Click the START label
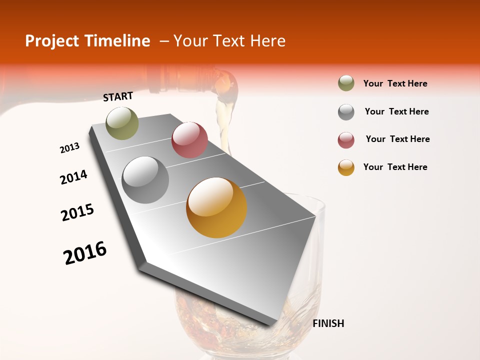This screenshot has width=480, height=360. pos(118,96)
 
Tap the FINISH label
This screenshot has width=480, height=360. pos(328,323)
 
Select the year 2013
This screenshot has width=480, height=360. pos(69,148)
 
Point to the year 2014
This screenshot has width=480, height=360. pos(73,177)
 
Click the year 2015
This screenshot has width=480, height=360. pos(77,212)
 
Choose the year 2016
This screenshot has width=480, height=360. pos(85,253)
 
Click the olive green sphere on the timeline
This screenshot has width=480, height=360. pos(122,123)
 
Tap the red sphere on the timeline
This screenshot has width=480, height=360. pos(189,140)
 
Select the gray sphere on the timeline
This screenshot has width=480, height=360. pos(145,180)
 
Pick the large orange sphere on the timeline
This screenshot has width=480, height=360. pos(216,207)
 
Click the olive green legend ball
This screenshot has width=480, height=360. pos(346,83)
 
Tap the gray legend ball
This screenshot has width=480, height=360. pos(346,112)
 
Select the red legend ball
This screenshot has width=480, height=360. pos(346,140)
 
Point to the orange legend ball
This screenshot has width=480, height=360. pos(346,167)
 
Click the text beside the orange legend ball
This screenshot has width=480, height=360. pos(395,167)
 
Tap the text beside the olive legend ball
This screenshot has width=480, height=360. pos(395,83)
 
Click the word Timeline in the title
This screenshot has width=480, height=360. pos(118,41)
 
